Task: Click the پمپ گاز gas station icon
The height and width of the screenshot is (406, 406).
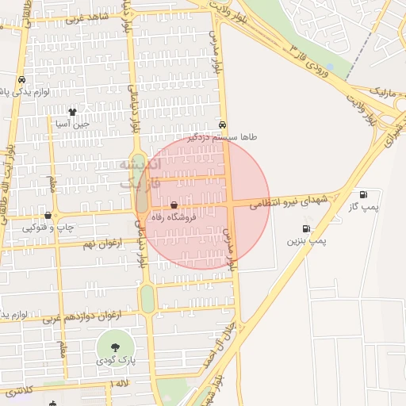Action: coord(363,194)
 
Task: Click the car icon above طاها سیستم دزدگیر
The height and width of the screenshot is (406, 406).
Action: coord(224,125)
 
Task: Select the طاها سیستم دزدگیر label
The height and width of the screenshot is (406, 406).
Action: coord(227,136)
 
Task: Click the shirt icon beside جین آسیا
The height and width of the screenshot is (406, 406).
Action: coord(72,113)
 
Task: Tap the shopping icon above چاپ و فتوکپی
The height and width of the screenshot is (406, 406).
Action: coord(48,215)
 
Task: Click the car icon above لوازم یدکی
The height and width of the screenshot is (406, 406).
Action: coord(21,80)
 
